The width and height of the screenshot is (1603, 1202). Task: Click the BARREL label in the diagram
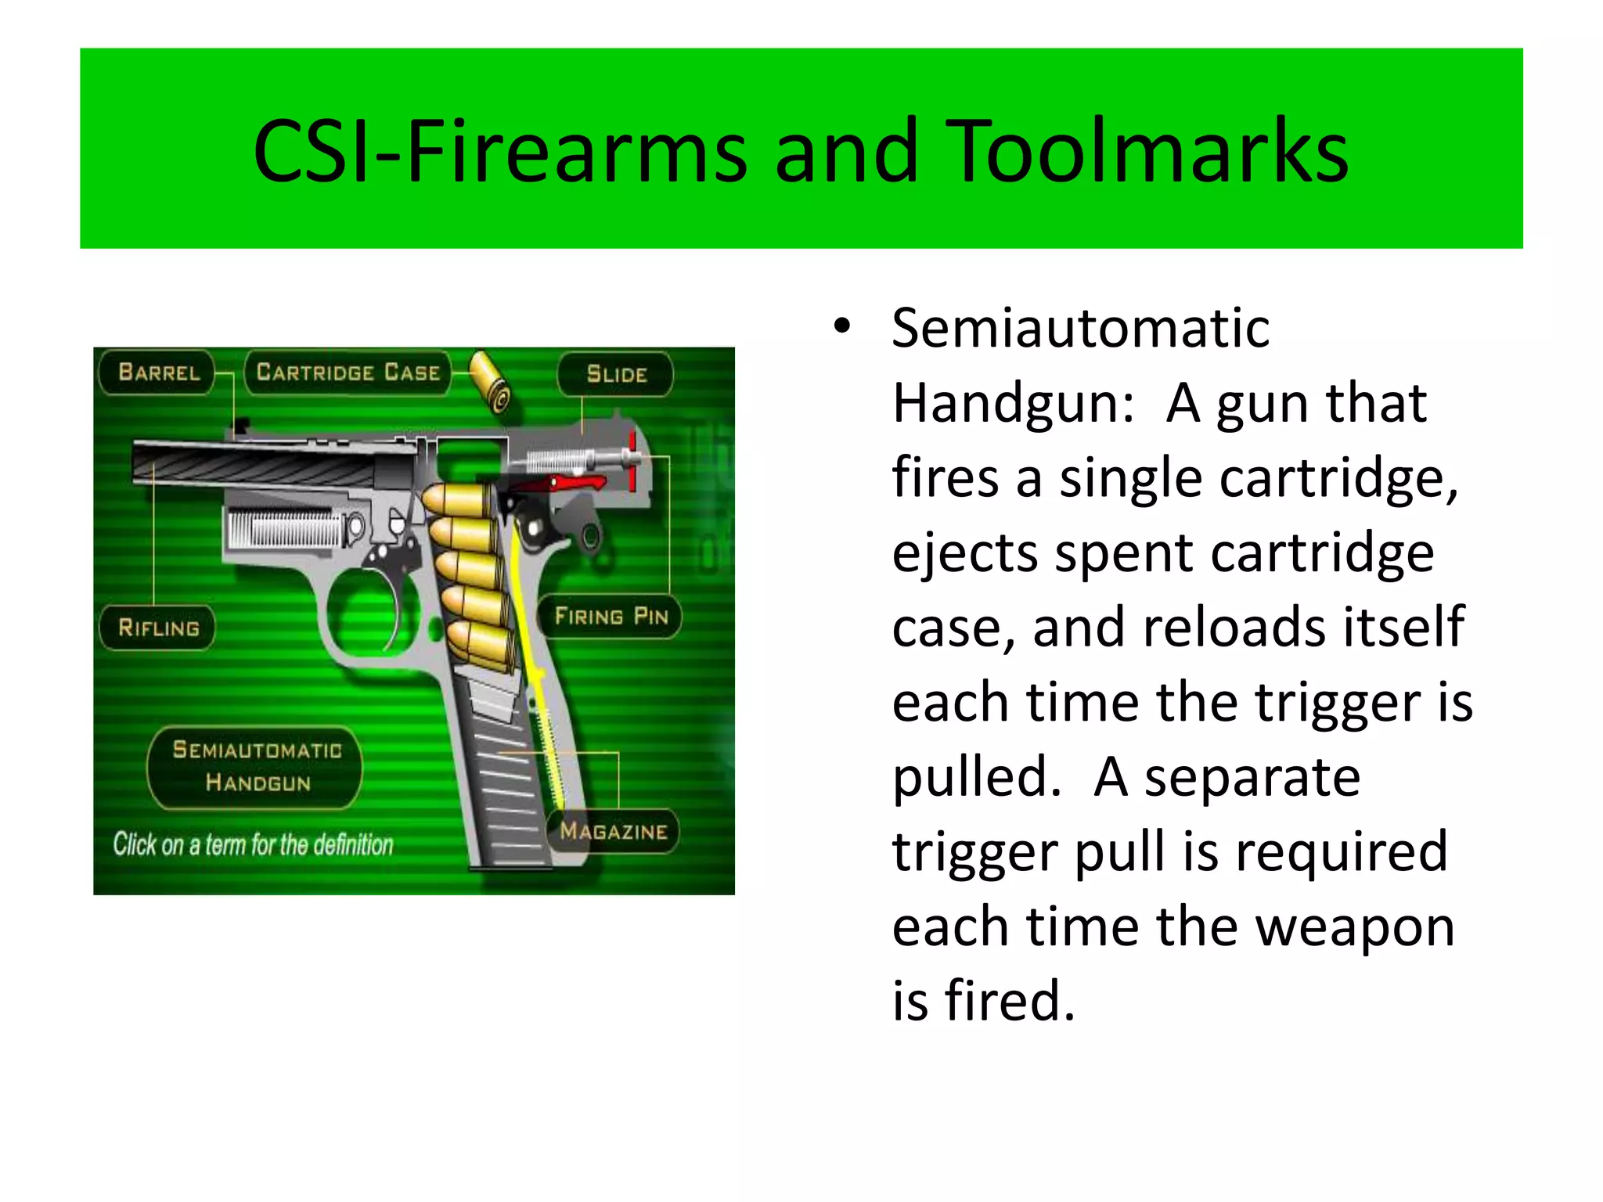[159, 372]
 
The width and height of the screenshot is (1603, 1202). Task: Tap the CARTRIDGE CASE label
[348, 372]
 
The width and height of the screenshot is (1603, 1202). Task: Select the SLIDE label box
[616, 375]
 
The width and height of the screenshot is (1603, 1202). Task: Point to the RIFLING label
[159, 628]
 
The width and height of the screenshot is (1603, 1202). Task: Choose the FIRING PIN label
[611, 617]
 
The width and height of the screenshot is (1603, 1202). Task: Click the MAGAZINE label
[614, 831]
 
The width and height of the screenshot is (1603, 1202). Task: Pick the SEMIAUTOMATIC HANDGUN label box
[257, 767]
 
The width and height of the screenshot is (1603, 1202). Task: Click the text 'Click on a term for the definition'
[253, 845]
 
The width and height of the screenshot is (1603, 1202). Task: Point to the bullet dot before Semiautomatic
[841, 326]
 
